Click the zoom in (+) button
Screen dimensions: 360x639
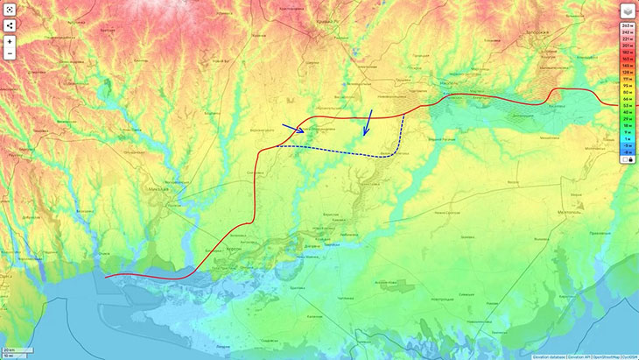tap(10, 41)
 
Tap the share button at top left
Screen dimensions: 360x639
tap(10, 25)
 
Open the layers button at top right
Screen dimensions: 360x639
tap(628, 11)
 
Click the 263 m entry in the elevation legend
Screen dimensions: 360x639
tap(627, 29)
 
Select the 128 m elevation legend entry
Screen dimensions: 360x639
tap(627, 71)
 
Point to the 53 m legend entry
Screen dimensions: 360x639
tap(627, 105)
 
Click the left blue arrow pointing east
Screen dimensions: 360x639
tap(294, 129)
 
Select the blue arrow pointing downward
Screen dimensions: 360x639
tap(369, 123)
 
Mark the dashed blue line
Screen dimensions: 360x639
tap(341, 151)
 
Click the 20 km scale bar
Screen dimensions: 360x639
tap(12, 350)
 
